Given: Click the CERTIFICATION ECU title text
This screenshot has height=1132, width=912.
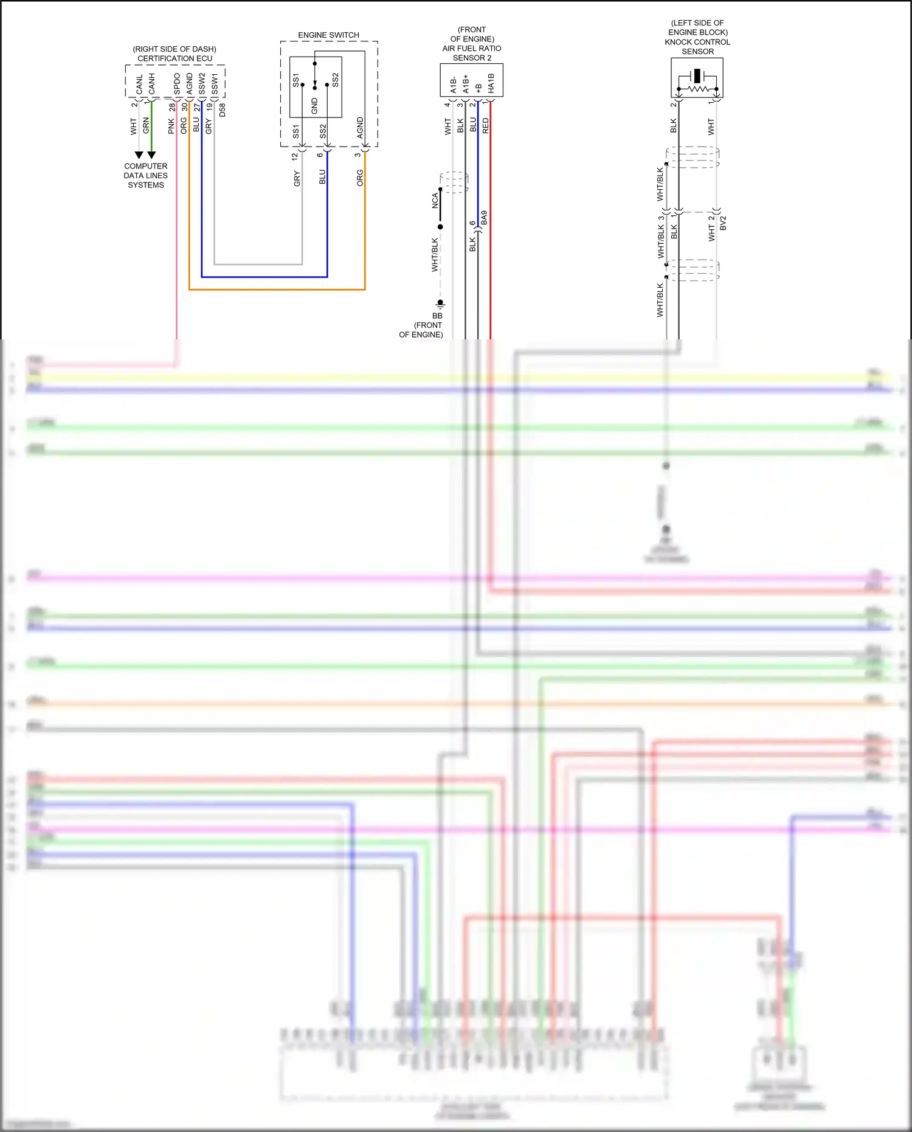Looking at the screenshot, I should [x=175, y=58].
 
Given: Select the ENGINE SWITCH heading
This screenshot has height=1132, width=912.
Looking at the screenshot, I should [x=328, y=35].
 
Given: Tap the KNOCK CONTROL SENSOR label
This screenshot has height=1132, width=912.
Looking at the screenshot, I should [x=697, y=47].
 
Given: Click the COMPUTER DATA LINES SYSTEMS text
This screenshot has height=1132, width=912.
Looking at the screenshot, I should [x=146, y=175].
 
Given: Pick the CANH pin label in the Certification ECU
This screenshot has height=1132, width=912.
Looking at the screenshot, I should [x=152, y=84].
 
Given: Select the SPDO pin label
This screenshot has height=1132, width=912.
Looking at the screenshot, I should [x=177, y=84].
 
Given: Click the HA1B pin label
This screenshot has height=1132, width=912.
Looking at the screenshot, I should [x=491, y=83].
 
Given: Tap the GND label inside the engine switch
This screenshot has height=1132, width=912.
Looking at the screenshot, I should [x=314, y=106].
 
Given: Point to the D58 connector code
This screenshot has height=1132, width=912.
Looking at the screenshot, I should [x=223, y=110].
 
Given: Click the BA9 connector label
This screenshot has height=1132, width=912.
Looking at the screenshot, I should [x=484, y=218].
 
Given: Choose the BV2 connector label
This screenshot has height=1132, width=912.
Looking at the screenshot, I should [x=723, y=223].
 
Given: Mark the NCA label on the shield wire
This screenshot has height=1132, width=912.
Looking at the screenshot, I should [x=435, y=201].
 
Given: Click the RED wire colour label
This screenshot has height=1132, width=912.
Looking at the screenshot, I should [x=485, y=126].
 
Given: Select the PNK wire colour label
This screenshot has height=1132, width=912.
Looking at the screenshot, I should [x=171, y=126].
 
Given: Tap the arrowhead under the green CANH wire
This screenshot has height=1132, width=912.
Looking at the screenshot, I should [x=151, y=155].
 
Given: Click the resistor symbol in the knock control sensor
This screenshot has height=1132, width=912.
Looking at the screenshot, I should [x=697, y=89].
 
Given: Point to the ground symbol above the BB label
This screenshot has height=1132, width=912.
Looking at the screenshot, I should [x=440, y=303].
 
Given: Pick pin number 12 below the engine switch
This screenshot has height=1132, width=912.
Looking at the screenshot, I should [x=295, y=156].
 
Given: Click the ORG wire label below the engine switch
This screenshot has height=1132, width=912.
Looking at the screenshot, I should [x=360, y=178].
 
